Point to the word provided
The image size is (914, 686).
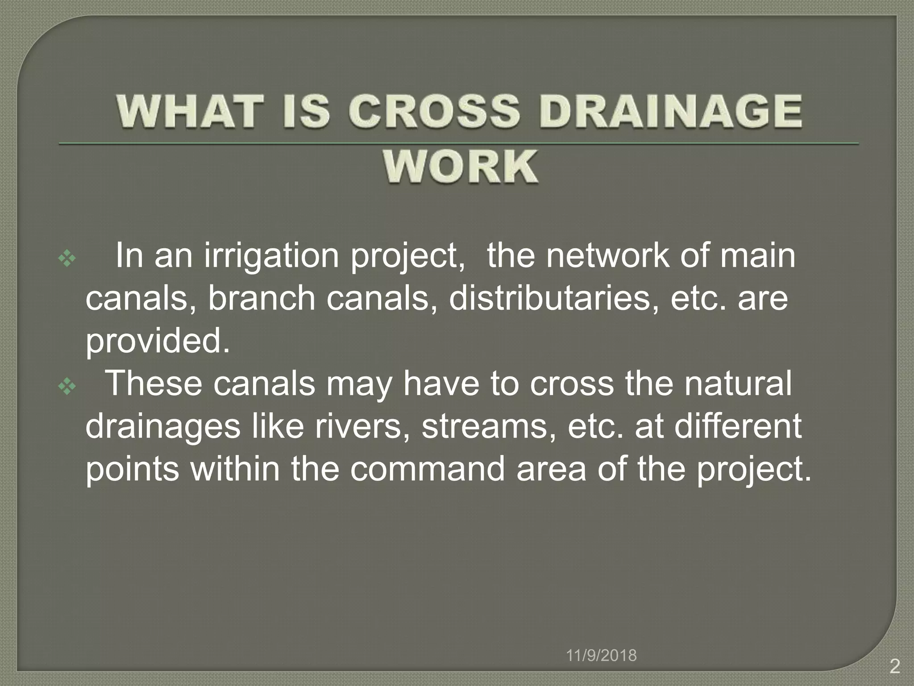tap(158, 342)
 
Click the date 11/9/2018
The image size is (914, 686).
tap(601, 656)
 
